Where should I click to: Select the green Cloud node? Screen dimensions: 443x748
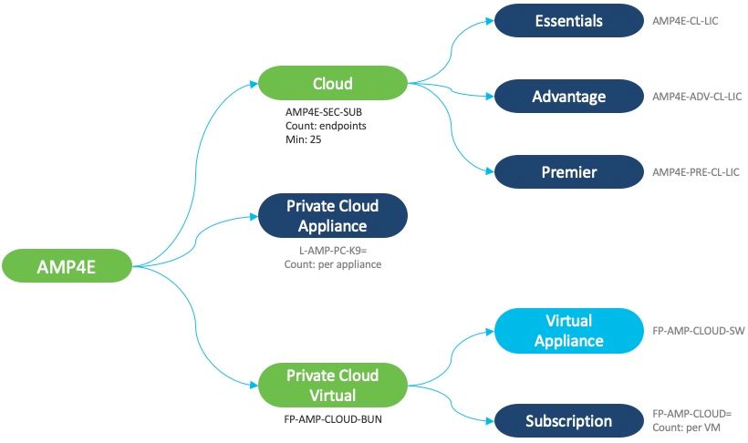(x=332, y=84)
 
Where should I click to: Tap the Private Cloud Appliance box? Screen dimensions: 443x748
(x=332, y=215)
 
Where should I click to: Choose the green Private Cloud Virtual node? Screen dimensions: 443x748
(x=332, y=386)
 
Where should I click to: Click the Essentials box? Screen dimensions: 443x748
(x=567, y=20)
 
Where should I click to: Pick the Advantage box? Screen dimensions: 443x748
(x=567, y=96)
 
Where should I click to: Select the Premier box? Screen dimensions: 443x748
(x=567, y=171)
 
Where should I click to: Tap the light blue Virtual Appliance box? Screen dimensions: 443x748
(x=567, y=331)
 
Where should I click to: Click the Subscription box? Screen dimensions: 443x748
(x=567, y=421)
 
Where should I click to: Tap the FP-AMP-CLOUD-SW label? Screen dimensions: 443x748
(x=699, y=331)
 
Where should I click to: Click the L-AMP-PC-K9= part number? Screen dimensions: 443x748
(x=332, y=250)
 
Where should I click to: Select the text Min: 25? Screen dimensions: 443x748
(x=304, y=140)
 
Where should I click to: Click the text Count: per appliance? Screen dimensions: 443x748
(x=332, y=263)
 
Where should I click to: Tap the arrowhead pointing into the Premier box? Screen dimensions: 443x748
(x=489, y=171)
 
